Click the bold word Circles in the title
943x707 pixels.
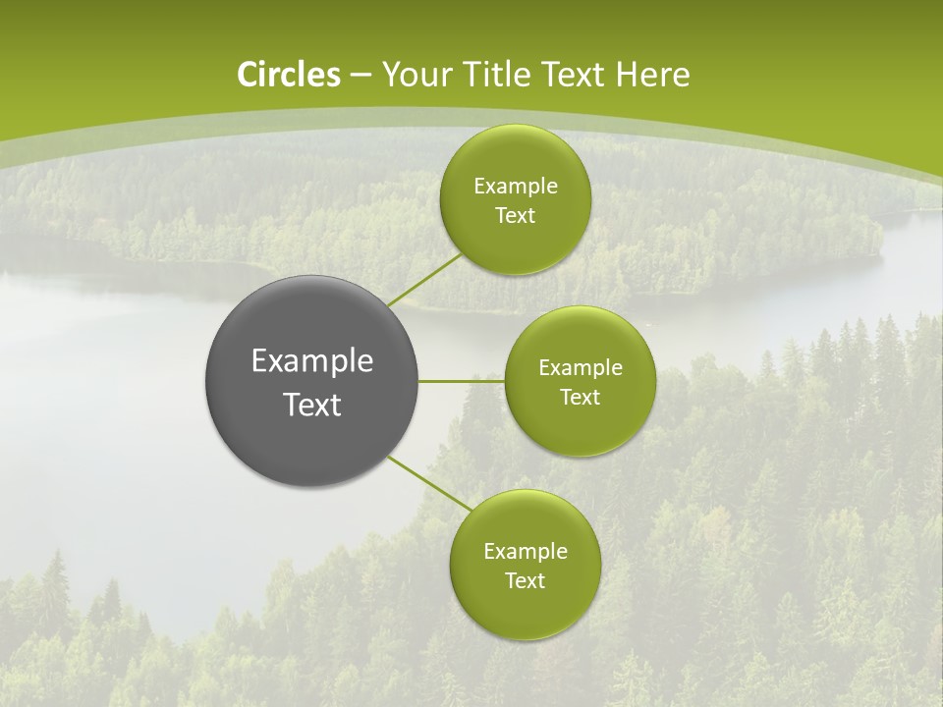coord(289,75)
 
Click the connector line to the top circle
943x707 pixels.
coord(424,279)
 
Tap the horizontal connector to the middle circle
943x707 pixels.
coord(461,381)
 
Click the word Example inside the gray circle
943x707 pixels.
coord(311,361)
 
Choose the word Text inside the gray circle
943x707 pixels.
coord(311,405)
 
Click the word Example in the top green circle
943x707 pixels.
coord(515,187)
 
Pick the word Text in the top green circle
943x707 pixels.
coord(515,216)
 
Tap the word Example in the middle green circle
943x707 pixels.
coord(580,368)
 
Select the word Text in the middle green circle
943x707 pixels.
coord(580,398)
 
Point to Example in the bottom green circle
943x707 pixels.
coord(525,552)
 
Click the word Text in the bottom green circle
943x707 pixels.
coord(525,581)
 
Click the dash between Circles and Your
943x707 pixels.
coord(360,76)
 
